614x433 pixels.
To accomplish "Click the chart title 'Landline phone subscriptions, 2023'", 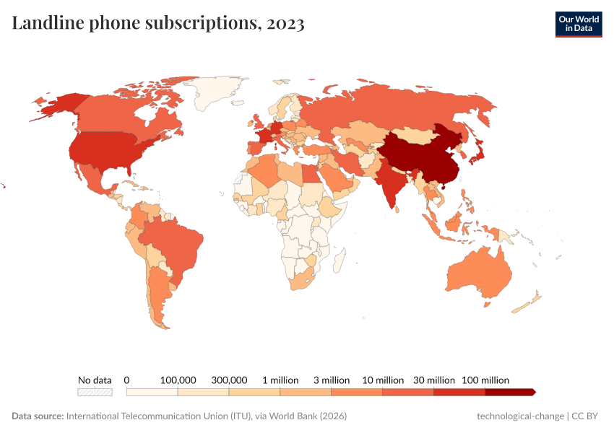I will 158,23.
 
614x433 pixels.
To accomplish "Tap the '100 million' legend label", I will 485,380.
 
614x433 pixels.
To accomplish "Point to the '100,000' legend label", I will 178,380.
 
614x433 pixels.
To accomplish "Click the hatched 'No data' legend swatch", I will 95,392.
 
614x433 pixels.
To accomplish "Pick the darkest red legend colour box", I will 509,392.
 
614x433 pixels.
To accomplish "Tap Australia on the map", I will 480,273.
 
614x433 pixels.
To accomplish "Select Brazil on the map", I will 173,242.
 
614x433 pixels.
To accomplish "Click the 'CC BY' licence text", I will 587,416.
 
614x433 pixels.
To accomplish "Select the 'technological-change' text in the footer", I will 521,416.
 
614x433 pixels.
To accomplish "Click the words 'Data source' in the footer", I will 38,416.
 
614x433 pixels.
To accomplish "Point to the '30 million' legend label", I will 434,380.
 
